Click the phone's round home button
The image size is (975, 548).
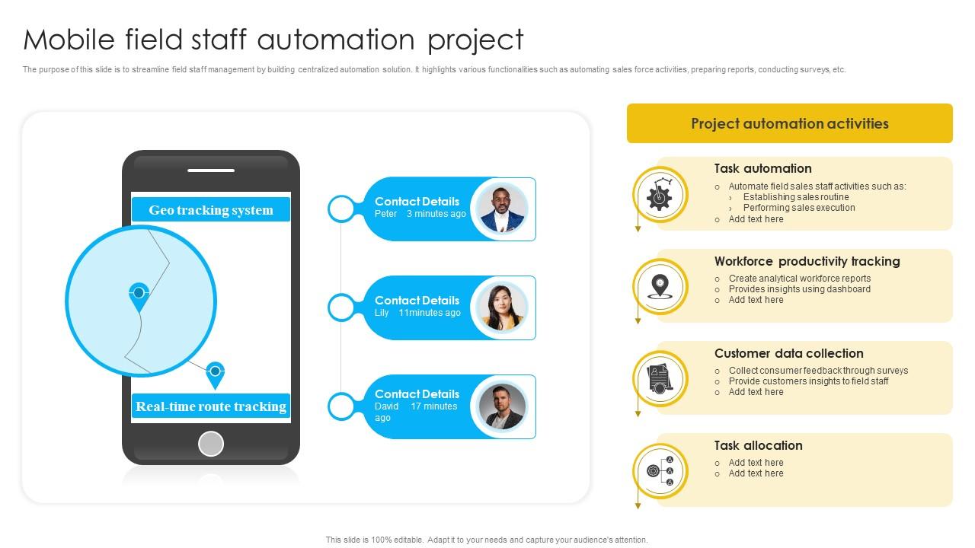point(211,443)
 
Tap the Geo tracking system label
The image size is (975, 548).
point(211,210)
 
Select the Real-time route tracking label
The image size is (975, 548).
point(211,406)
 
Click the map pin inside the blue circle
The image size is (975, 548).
point(139,295)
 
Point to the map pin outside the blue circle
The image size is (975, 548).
point(216,373)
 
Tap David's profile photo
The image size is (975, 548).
point(502,406)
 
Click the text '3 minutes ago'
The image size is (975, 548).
point(436,214)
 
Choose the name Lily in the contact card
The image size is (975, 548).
point(382,313)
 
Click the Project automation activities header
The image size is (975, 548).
point(789,123)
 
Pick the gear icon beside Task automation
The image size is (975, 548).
point(660,195)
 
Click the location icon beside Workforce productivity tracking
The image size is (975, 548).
point(660,286)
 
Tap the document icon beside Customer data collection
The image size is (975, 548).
point(660,378)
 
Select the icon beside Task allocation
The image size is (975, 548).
point(660,470)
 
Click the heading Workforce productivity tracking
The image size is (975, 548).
point(807,261)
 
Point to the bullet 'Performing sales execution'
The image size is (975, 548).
point(798,208)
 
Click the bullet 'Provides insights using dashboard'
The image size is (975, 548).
point(799,289)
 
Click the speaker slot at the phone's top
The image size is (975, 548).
point(211,170)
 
